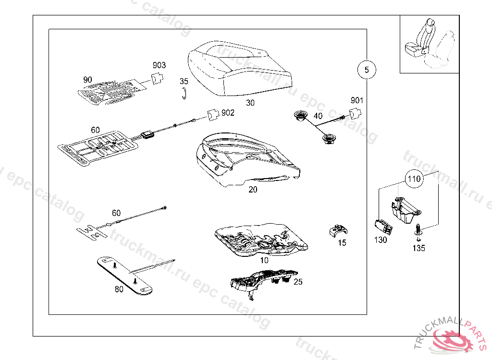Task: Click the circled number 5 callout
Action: pos(367,70)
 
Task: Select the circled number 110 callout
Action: pos(413,180)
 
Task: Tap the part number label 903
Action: pos(160,65)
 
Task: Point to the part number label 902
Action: pos(228,112)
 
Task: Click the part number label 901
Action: pos(357,100)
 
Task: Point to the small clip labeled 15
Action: pos(338,231)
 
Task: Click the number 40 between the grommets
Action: pos(318,116)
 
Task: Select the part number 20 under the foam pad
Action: pos(253,190)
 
